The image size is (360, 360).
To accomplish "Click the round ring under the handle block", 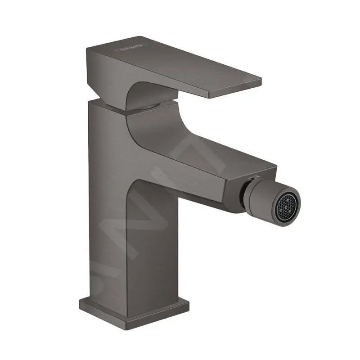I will pos(148,107).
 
